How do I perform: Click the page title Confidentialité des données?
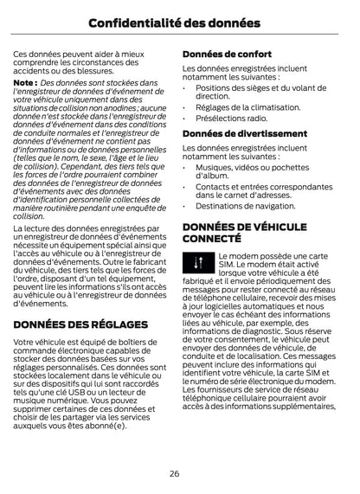tap(179, 21)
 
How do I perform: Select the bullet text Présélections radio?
tap(231, 118)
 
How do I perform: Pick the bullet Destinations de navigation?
tap(245, 206)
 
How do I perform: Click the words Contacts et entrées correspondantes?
tap(263, 186)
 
